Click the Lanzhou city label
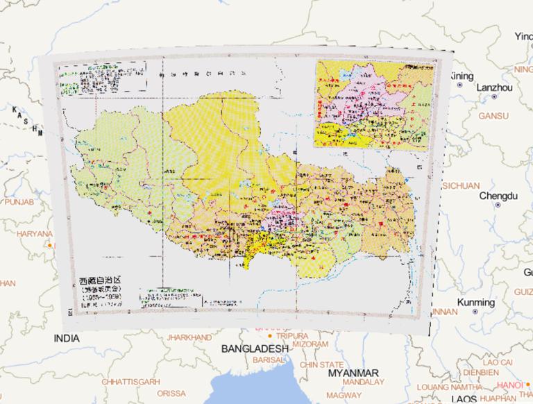click(x=494, y=88)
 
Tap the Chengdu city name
click(x=498, y=196)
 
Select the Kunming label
click(x=476, y=303)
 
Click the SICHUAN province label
click(x=460, y=185)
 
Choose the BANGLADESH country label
click(x=255, y=348)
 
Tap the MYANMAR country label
click(x=353, y=372)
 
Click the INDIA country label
click(x=66, y=338)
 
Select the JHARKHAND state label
click(x=189, y=337)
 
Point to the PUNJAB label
click(x=19, y=201)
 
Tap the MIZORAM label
click(x=310, y=344)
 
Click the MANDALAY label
click(x=362, y=382)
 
